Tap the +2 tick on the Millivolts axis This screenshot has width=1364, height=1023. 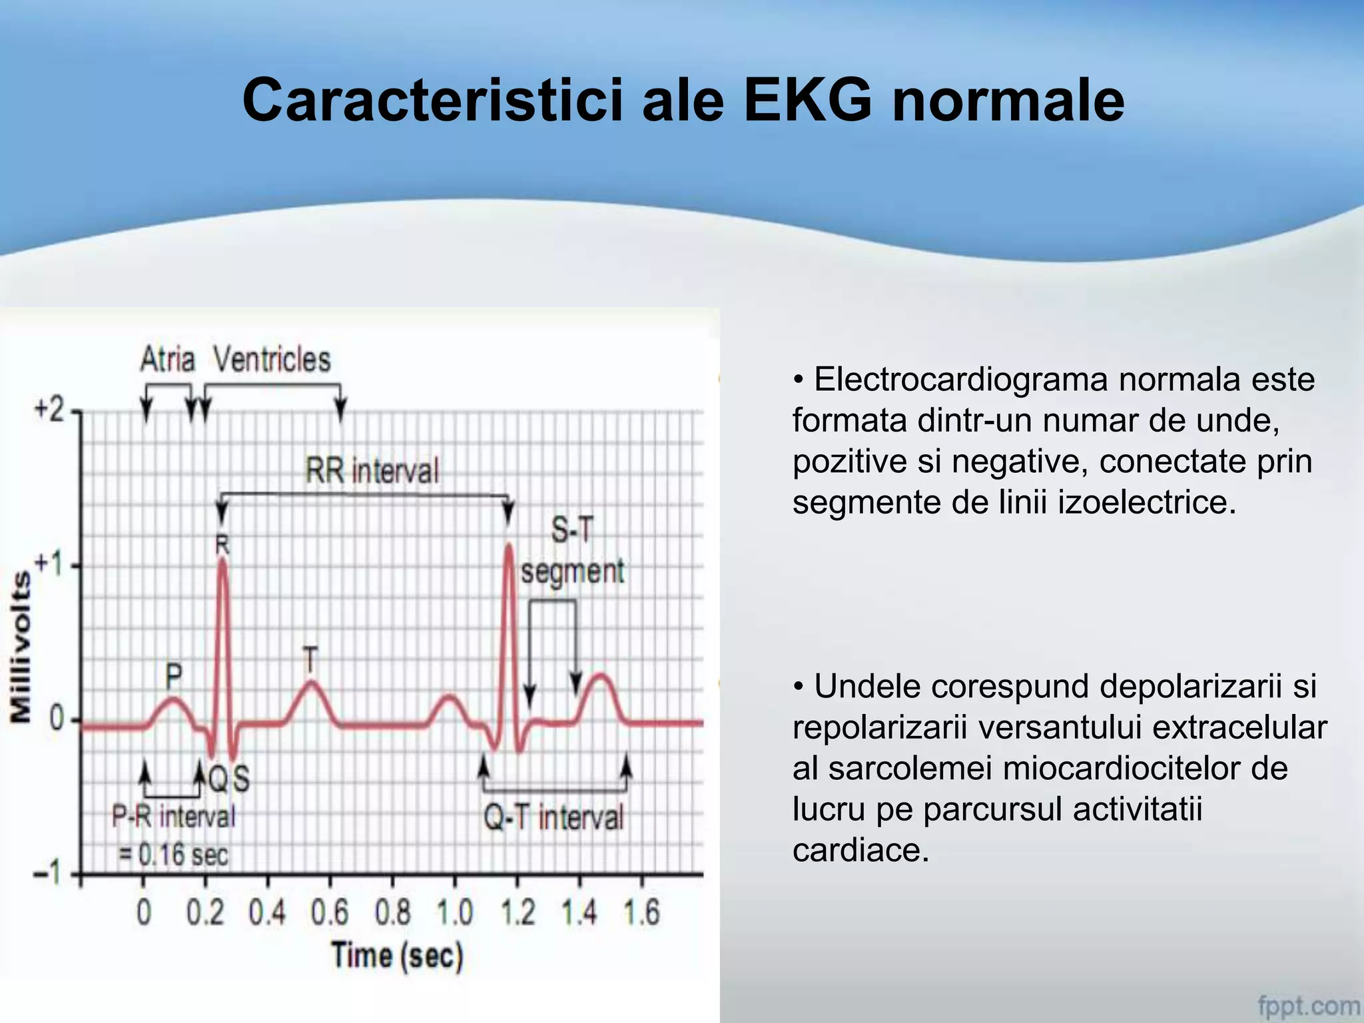pyautogui.click(x=49, y=410)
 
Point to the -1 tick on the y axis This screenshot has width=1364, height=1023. pyautogui.click(x=48, y=872)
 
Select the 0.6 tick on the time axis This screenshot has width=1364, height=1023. pyautogui.click(x=330, y=912)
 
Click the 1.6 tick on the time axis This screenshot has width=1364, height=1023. pyautogui.click(x=641, y=912)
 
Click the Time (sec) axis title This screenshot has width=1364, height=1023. pyautogui.click(x=397, y=956)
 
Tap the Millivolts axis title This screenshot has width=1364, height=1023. pyautogui.click(x=21, y=646)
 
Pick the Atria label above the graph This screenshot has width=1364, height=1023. pyautogui.click(x=167, y=360)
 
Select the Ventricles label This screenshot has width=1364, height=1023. pyautogui.click(x=272, y=360)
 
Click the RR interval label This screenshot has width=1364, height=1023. pyautogui.click(x=372, y=471)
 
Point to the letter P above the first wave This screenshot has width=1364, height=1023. pyautogui.click(x=173, y=677)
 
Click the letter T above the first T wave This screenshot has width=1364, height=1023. pyautogui.click(x=310, y=660)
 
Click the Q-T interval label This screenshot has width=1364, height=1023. pyautogui.click(x=553, y=817)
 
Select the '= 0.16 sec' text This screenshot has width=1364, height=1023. pyautogui.click(x=173, y=854)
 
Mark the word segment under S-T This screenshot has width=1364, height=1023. pyautogui.click(x=573, y=571)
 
